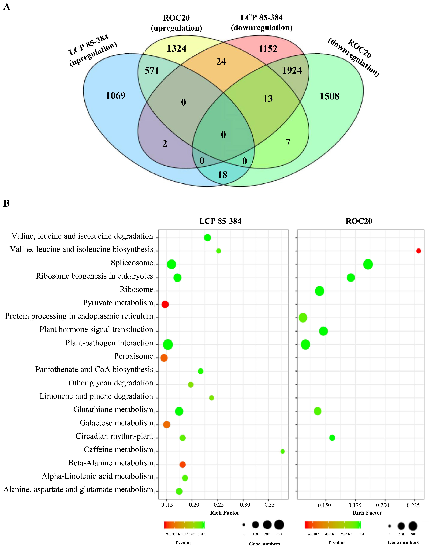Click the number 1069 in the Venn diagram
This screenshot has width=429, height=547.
[115, 96]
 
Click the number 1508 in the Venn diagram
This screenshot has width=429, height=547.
[329, 96]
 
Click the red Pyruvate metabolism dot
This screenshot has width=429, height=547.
[165, 304]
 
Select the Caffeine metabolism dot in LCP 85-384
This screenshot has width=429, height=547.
[282, 451]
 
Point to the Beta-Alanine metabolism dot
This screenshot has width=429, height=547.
[183, 465]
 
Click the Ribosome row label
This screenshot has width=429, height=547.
[136, 289]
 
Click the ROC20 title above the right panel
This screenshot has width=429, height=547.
[359, 221]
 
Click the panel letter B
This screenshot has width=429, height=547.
[6, 203]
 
